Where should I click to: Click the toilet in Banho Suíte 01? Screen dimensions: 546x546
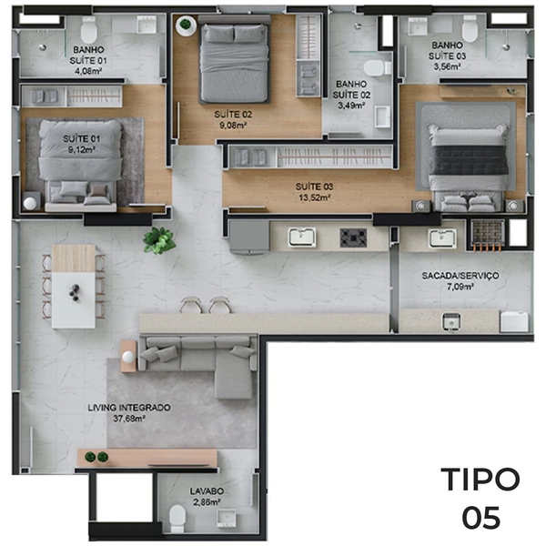point(88,30)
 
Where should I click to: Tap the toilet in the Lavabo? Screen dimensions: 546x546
point(177,518)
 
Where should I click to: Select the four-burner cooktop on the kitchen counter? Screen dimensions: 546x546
point(353,238)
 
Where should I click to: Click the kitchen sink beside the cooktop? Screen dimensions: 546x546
point(302,238)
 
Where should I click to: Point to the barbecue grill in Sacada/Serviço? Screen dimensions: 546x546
point(488,234)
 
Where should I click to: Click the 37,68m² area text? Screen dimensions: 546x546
point(129,419)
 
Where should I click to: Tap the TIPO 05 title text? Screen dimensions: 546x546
point(480,498)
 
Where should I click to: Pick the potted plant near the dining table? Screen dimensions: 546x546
point(159,240)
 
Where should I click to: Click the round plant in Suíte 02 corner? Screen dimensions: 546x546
point(186,25)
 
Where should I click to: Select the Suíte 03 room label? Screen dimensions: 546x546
point(315,187)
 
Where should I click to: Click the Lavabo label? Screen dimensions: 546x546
point(207,491)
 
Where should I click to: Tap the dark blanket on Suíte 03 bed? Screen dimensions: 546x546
point(468,160)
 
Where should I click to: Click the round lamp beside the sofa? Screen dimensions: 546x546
point(128,357)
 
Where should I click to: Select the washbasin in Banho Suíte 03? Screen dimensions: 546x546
point(418,26)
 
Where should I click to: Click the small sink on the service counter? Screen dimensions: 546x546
point(451,321)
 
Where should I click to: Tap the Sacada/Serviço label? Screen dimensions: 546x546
point(460,276)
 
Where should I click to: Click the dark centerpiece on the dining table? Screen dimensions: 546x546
point(75,292)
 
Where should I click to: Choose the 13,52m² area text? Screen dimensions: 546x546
point(315,197)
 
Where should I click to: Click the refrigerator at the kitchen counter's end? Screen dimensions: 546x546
point(249,236)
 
